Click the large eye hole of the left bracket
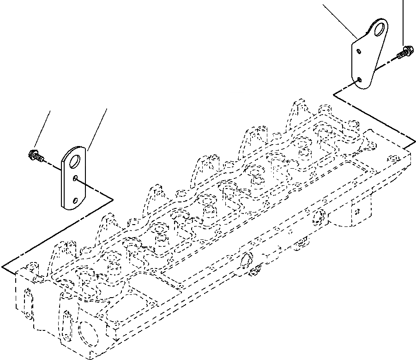coord(74,161)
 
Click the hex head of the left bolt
coord(33,154)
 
